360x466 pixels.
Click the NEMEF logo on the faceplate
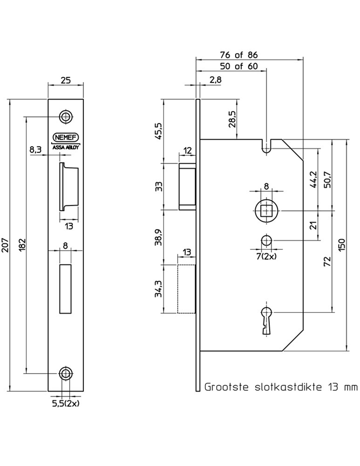point(66,137)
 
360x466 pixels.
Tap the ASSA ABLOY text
point(66,147)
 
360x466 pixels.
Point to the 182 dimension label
point(23,245)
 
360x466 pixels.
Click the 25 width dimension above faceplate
point(66,80)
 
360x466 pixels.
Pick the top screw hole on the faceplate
point(66,117)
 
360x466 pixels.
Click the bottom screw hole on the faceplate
point(66,373)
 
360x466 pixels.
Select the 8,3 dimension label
point(35,150)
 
